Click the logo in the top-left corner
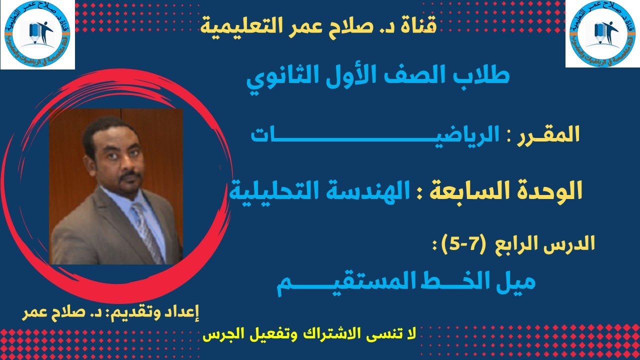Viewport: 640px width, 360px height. point(37,34)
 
